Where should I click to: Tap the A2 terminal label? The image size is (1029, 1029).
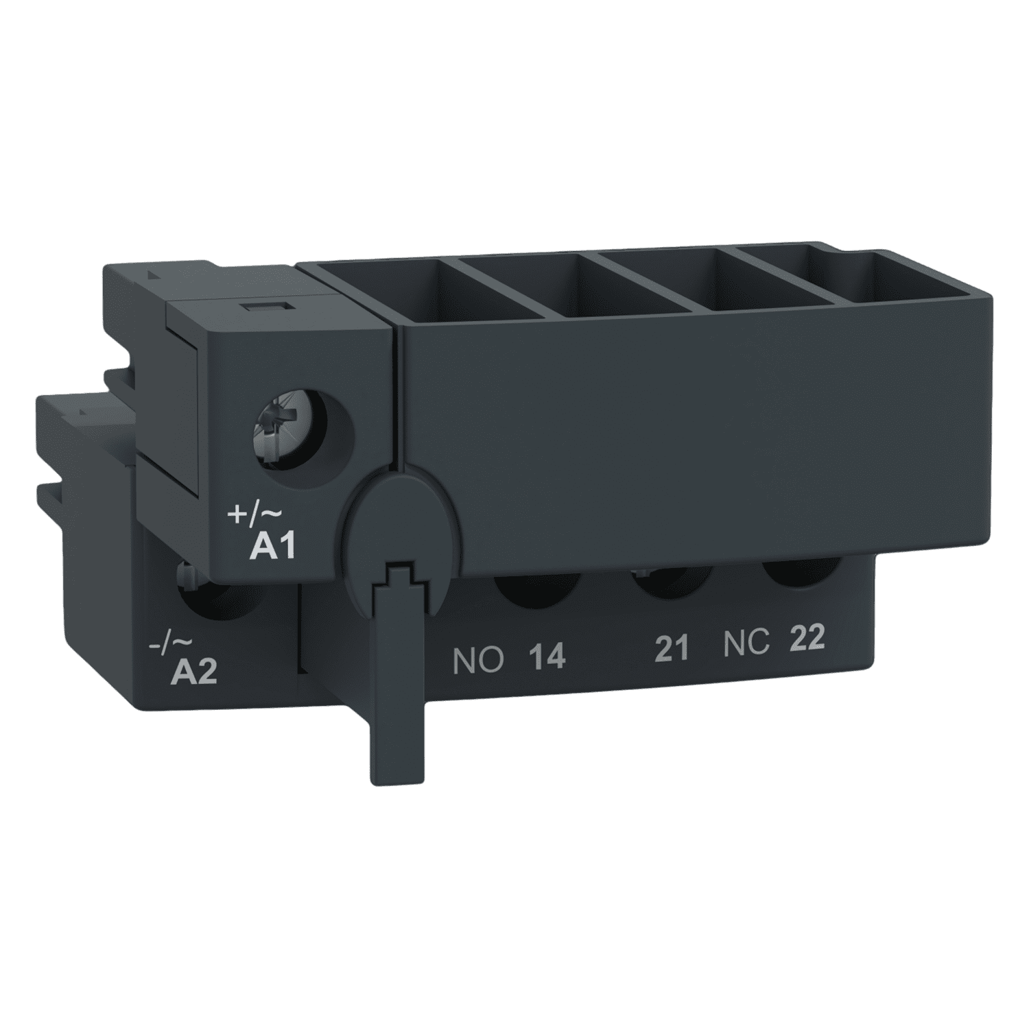(x=193, y=671)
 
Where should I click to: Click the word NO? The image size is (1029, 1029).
(x=478, y=660)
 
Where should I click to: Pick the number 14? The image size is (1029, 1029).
(x=547, y=657)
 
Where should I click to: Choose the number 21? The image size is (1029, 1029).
(x=672, y=648)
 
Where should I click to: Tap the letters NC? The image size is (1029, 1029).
(x=747, y=643)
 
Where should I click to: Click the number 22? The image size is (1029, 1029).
(x=807, y=638)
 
